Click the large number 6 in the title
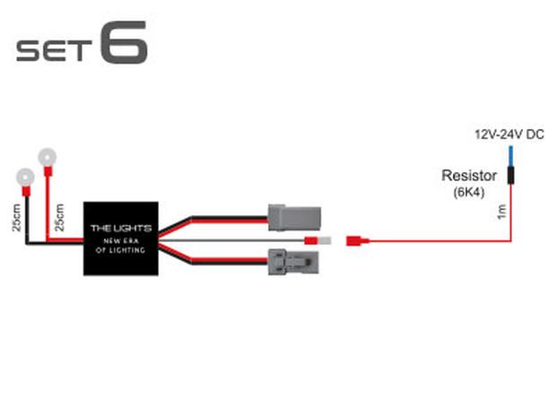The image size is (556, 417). [124, 42]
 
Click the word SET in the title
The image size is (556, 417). [54, 50]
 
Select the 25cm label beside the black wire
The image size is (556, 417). [17, 218]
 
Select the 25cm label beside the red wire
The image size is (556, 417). [59, 217]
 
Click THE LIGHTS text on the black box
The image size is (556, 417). [121, 229]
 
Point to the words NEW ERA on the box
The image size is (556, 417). [121, 241]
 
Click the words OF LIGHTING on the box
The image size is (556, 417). [120, 250]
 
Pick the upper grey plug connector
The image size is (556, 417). [294, 217]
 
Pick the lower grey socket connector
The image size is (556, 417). [293, 262]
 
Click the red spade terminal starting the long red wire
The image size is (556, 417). [357, 241]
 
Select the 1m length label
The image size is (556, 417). [502, 212]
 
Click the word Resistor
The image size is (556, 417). [469, 176]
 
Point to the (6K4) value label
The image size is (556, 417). [469, 192]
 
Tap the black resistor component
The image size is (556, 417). [510, 176]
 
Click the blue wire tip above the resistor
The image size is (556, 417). [510, 156]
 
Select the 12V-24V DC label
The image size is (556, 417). [509, 135]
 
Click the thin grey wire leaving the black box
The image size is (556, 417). [231, 240]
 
